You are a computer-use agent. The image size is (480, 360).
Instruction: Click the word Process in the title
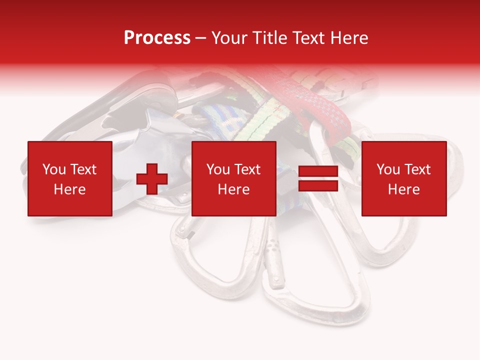coord(157,38)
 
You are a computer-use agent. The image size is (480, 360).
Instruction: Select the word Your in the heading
coord(227,38)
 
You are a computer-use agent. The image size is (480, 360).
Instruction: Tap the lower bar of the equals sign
coord(318,185)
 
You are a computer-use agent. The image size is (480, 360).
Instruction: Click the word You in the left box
coord(53,169)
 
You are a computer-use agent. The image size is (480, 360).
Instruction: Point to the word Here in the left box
coord(69,189)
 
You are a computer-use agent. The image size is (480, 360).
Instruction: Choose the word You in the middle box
coord(218,169)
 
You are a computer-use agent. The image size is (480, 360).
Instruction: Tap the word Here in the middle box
coord(233,189)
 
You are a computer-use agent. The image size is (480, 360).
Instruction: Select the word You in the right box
coord(388,169)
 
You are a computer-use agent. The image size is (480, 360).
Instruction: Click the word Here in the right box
coord(403,189)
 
